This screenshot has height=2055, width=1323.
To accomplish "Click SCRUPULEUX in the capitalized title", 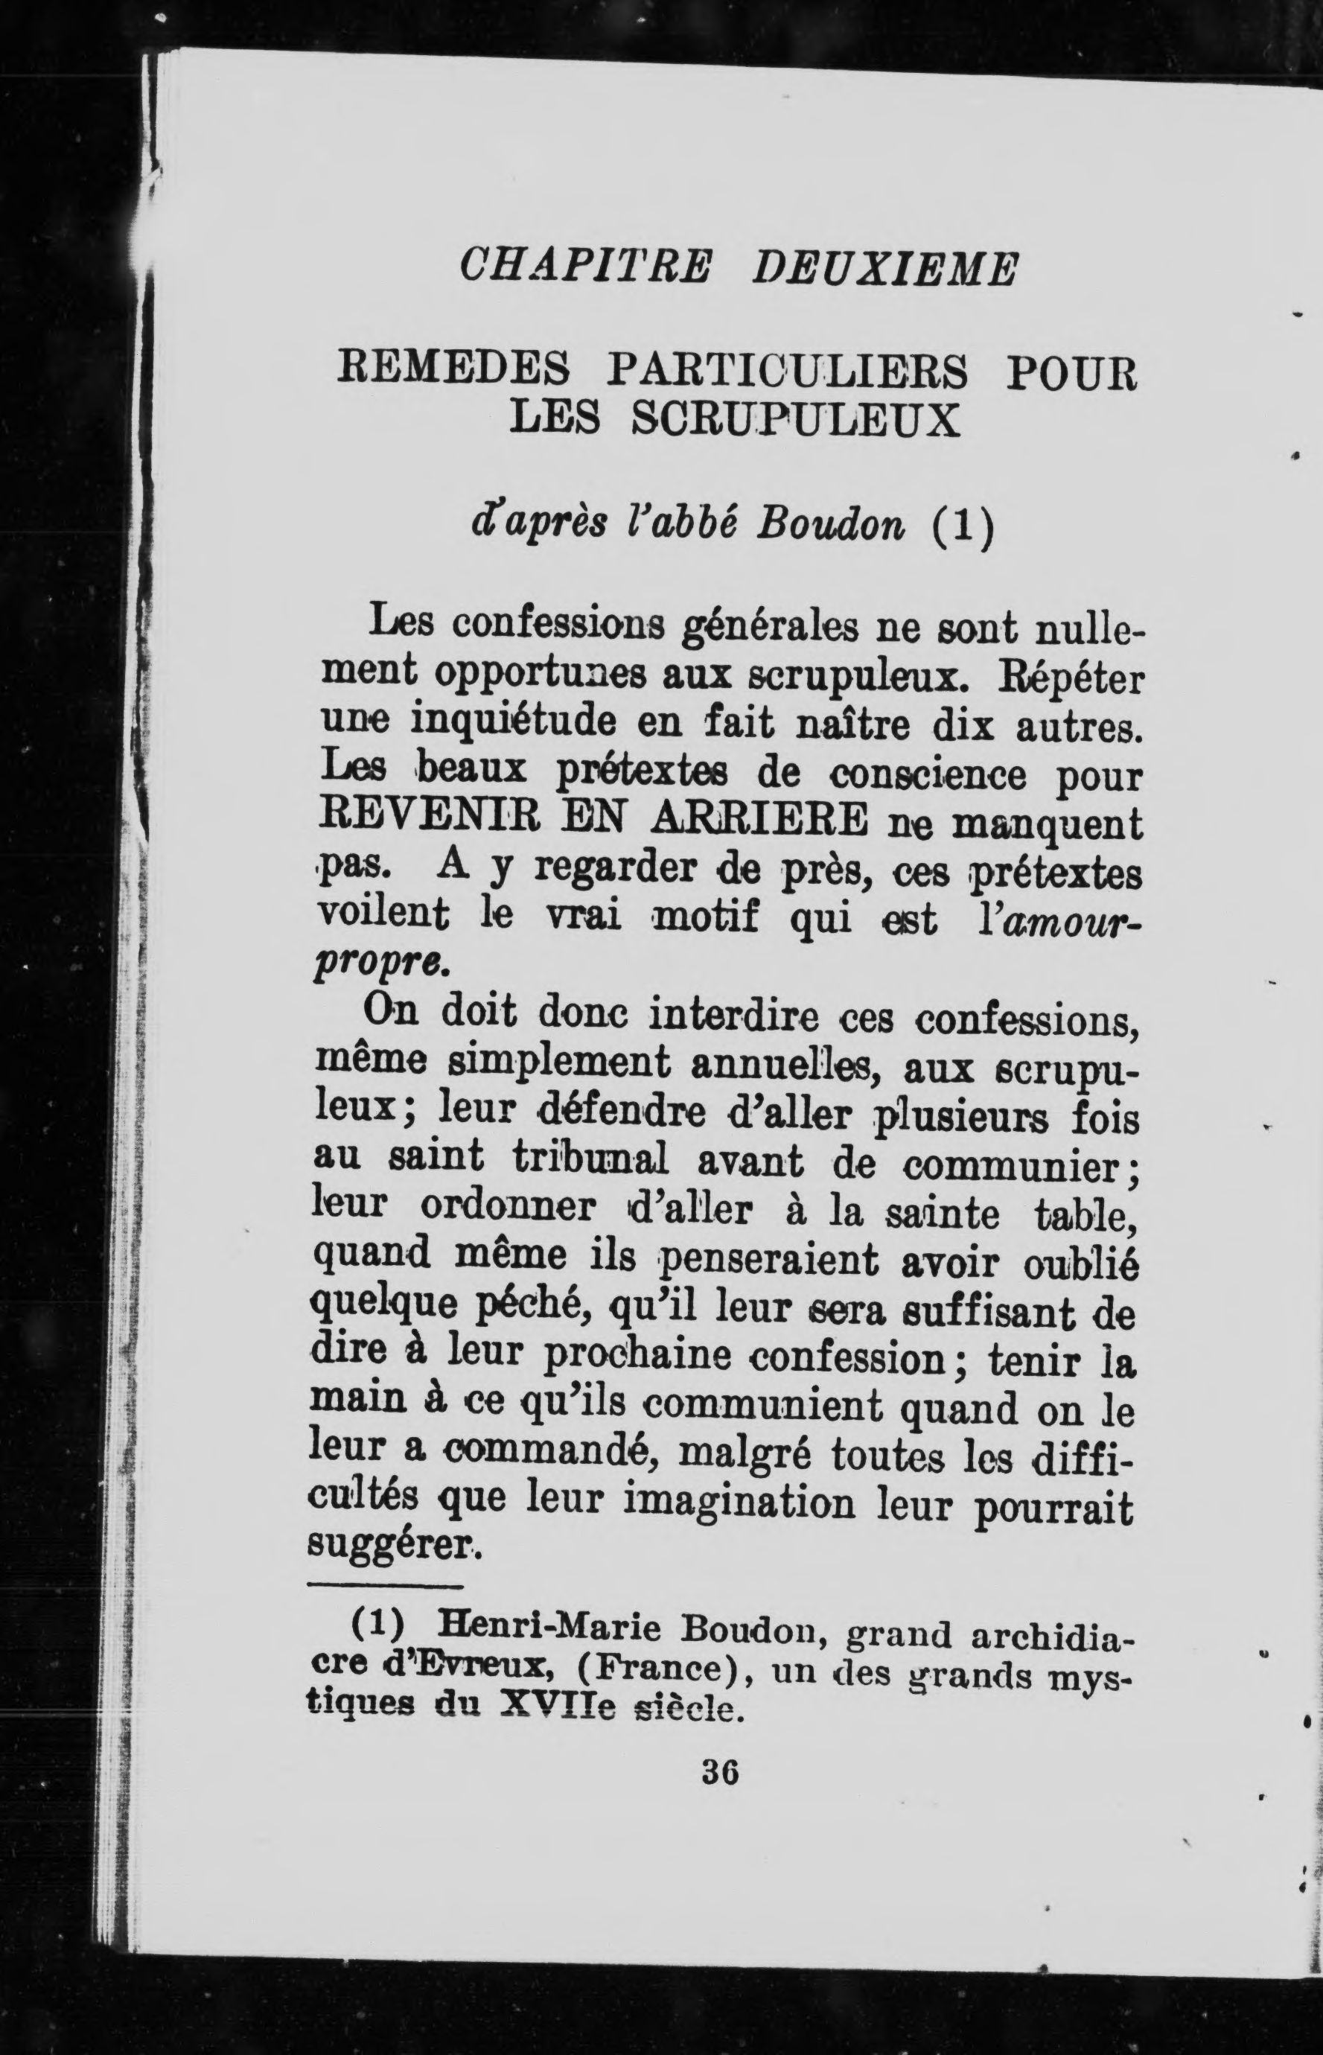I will pyautogui.click(x=794, y=420).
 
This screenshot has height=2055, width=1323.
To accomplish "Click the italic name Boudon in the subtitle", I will pyautogui.click(x=830, y=526).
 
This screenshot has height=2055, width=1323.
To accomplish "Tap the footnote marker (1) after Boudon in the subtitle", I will pyautogui.click(x=962, y=526).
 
